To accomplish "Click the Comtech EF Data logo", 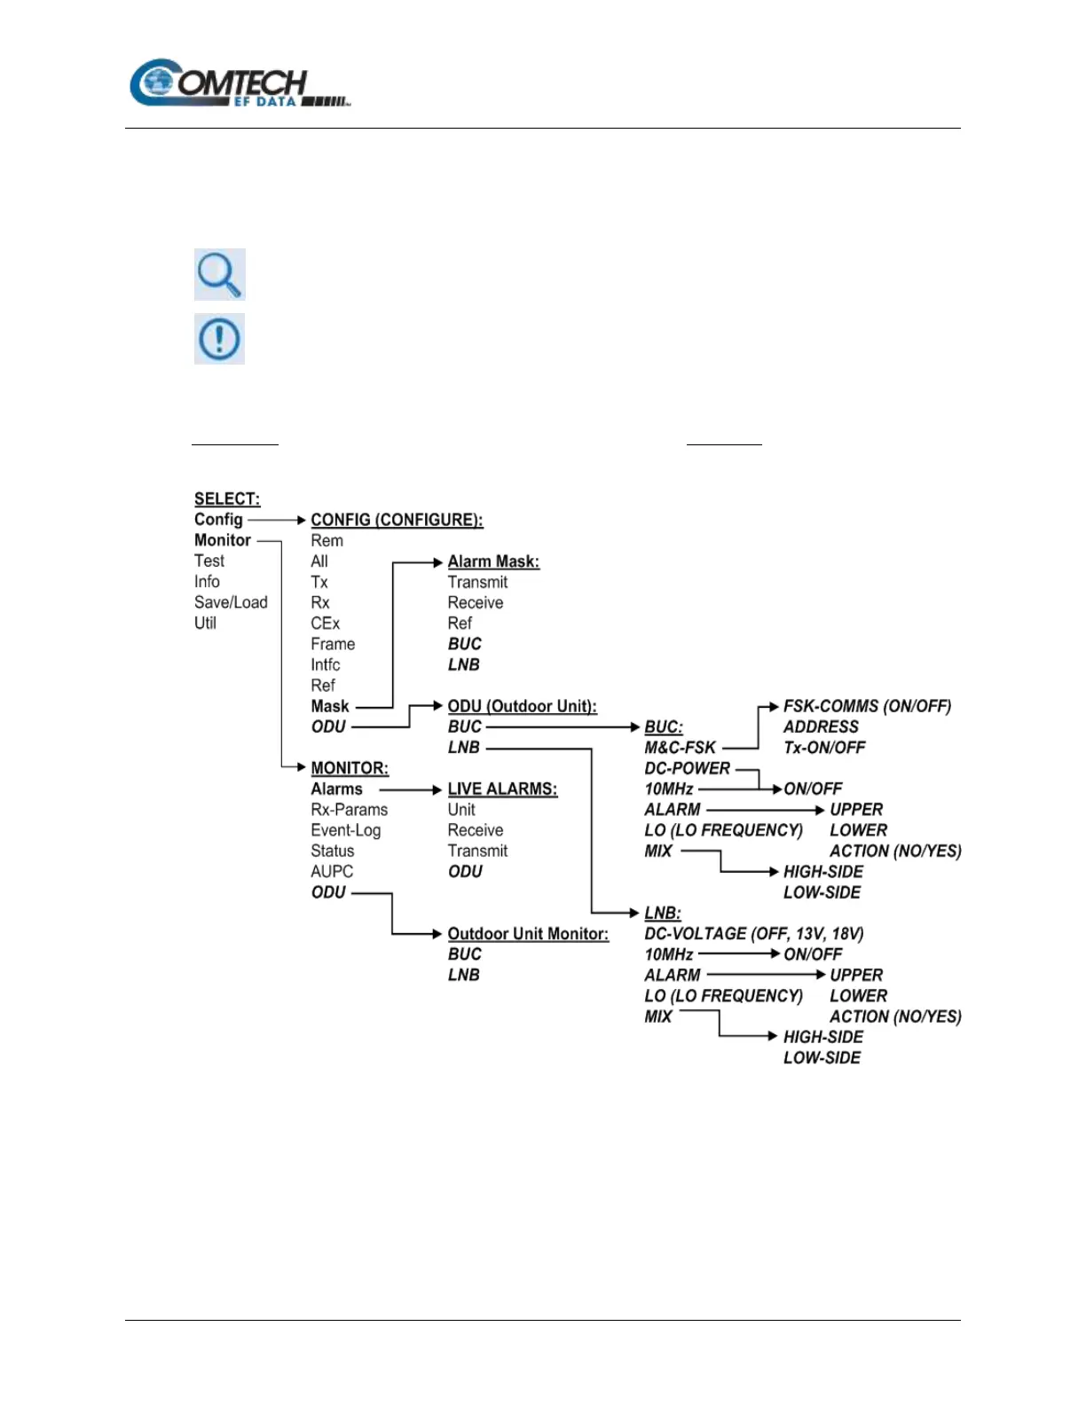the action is point(240,84).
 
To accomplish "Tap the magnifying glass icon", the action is point(219,274).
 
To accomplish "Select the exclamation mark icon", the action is point(219,339).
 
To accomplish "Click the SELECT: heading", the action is point(227,498).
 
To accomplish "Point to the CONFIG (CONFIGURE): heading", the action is point(397,520).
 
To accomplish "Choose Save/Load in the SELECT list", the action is point(231,602).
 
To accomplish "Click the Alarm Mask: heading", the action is point(493,561).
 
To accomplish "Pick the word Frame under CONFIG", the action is point(333,644).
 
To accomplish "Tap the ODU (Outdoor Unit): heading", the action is point(522,706).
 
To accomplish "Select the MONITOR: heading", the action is point(350,768).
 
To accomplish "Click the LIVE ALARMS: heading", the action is point(502,789).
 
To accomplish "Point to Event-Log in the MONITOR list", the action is point(345,830).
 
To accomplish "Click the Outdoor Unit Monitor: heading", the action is point(528,934).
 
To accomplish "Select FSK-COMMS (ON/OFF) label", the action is point(867,706).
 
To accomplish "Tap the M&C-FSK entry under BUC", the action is point(680,748).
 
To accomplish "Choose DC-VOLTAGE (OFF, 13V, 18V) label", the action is point(753,934).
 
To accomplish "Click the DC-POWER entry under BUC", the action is point(687,768).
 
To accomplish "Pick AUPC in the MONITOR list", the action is point(332,872).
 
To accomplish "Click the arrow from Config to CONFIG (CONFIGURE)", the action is point(277,520).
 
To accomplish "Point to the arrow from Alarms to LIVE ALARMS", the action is point(410,789).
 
